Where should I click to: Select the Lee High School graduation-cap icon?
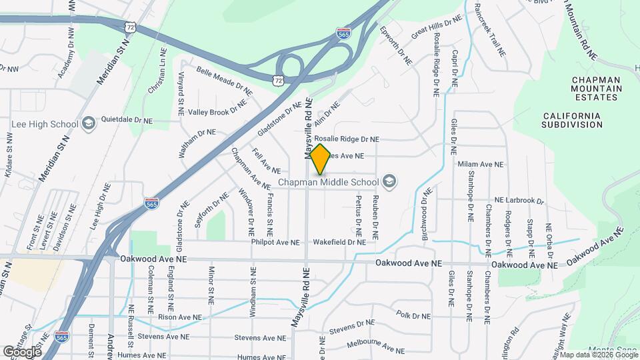pos(88,124)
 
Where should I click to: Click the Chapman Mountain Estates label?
pos(595,88)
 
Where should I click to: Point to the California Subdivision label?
pos(571,120)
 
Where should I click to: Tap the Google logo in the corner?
pos(22,351)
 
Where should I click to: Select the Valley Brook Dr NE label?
pos(217,112)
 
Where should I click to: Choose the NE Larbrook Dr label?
pos(519,201)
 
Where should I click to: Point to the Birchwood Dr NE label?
pos(424,210)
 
